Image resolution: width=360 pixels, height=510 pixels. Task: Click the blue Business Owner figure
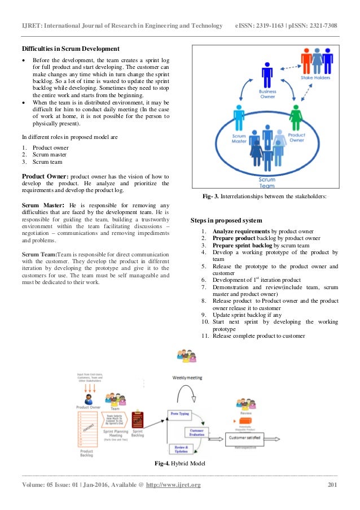point(267,76)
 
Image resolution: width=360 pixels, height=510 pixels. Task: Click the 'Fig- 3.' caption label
point(212,197)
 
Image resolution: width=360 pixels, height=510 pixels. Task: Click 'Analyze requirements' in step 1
point(242,232)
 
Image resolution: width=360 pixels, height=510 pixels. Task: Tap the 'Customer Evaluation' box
point(195,432)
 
